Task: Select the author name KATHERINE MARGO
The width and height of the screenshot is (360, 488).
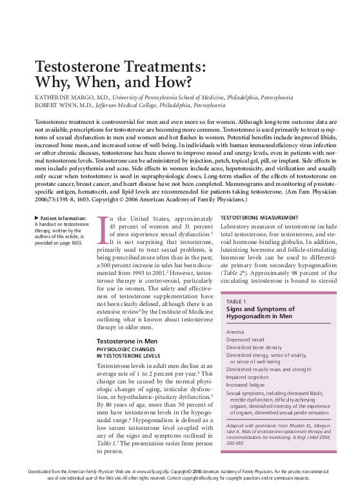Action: pos(62,97)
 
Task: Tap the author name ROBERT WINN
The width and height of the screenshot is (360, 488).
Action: pos(56,105)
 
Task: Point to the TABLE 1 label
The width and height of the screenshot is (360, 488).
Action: pos(237,301)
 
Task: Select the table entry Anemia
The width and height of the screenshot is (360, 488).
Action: pos(235,331)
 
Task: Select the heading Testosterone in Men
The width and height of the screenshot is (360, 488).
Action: pos(126,340)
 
